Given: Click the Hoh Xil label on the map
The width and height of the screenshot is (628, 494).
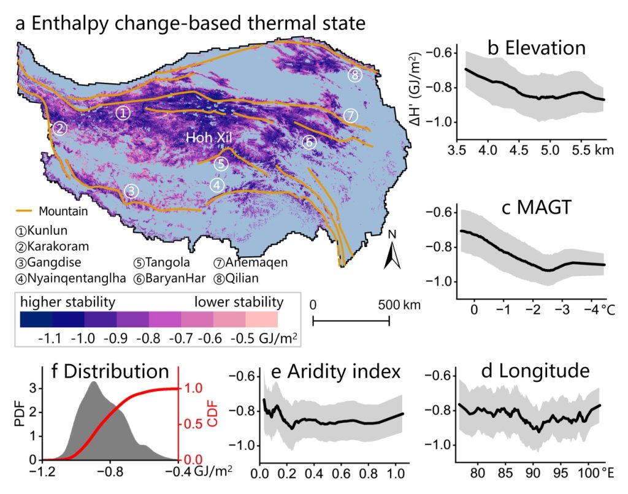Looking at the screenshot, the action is [209, 138].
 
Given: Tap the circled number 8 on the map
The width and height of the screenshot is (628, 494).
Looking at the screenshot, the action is [355, 75].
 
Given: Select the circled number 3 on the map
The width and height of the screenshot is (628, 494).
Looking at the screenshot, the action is [131, 191].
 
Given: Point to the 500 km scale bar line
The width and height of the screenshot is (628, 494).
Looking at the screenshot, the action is [351, 321].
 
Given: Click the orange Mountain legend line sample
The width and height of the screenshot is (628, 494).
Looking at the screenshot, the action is [25, 211].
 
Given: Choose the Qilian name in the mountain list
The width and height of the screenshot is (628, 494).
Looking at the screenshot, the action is [242, 278].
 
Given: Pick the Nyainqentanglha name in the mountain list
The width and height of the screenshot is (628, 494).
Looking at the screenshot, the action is [76, 278].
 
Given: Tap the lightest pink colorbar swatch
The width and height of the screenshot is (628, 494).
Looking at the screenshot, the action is [261, 320].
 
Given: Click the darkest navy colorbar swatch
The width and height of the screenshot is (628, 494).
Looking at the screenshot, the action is [36, 320].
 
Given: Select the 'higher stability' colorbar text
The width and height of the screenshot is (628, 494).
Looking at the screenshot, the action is [67, 302].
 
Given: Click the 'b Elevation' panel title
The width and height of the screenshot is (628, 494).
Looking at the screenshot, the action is [537, 48].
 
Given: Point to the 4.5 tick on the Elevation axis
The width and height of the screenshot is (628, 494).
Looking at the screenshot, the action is [519, 150].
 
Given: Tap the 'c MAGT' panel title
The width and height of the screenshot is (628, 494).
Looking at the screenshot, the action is [536, 207].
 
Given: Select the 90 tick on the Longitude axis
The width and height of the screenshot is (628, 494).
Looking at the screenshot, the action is [533, 473].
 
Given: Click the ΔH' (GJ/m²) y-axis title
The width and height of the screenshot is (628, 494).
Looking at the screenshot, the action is [416, 89].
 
